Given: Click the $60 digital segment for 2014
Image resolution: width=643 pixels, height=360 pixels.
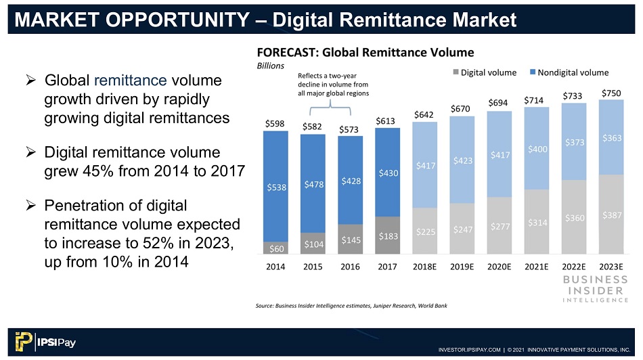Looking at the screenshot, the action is pos(275,248).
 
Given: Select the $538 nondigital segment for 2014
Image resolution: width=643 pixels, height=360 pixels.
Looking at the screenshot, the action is pos(275,187).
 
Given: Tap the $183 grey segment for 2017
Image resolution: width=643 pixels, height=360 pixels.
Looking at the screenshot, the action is pos(387,235).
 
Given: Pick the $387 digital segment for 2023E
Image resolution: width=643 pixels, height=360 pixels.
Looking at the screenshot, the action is pos(611,215).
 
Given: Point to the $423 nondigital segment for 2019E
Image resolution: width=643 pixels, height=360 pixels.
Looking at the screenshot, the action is pos(462,160).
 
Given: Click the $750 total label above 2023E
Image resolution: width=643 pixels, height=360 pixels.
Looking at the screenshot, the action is pos(611,93).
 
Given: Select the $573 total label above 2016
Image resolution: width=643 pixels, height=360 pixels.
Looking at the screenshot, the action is pos(349,129).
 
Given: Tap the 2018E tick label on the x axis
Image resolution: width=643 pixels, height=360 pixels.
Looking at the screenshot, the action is pos(424,267).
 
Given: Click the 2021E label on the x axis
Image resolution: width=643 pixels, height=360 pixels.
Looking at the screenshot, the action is pos(536,267).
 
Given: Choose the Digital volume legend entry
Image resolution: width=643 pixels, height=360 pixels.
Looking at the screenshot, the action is pos(485,72).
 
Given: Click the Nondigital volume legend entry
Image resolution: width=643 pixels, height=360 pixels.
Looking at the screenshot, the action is pos(569,72).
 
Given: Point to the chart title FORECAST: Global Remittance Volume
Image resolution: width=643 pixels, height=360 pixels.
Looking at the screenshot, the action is pos(365,53).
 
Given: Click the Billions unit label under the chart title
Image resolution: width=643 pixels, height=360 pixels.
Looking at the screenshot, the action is pos(270,66).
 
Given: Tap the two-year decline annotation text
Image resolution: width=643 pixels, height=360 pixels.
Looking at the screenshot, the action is pos(333,85).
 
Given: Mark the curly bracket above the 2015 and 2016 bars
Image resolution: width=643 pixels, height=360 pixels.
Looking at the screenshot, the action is pos(330,108).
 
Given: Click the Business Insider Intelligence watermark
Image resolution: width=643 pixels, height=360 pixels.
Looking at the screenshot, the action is pos(596,289).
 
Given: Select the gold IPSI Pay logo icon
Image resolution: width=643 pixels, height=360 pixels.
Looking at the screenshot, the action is pos(24,342).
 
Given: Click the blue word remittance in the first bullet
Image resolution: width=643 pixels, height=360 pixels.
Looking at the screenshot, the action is pos(131,81).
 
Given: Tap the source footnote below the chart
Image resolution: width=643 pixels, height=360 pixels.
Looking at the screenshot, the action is pos(351,305).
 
